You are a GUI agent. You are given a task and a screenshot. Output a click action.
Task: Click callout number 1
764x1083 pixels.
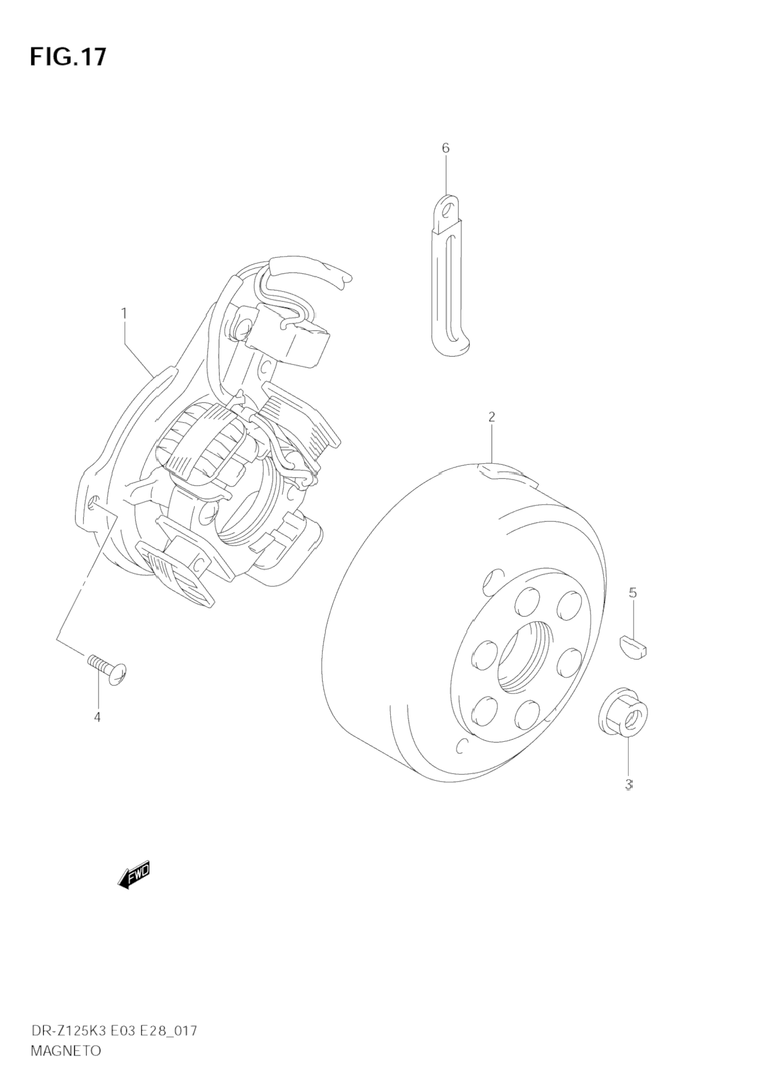[x=124, y=313]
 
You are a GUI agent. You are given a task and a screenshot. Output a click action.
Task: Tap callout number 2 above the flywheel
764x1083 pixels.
[x=491, y=417]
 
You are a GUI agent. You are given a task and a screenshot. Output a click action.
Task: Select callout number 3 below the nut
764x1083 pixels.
[x=628, y=784]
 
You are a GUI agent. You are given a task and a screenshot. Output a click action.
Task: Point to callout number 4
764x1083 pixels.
[x=97, y=717]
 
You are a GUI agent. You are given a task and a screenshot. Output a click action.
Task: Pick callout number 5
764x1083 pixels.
[x=633, y=592]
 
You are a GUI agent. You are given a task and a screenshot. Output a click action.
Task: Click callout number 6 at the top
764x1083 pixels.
[x=445, y=148]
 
